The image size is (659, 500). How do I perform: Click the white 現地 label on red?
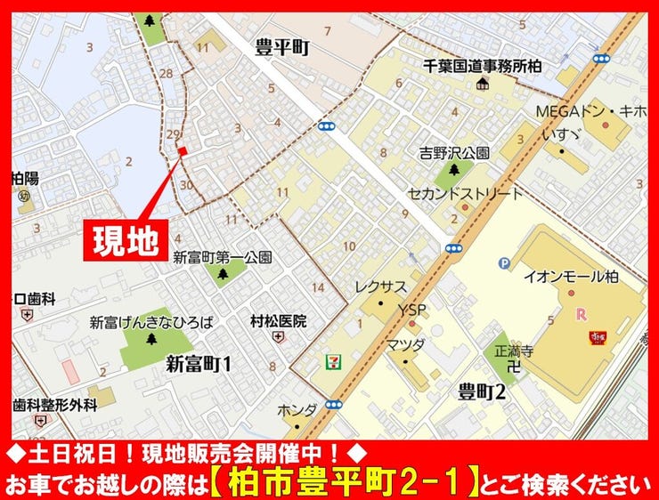click(127, 238)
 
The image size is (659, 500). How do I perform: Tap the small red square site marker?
click(182, 151)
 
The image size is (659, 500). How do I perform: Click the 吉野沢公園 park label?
click(455, 153)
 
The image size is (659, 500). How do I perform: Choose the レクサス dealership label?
click(380, 286)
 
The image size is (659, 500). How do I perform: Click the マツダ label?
click(404, 343)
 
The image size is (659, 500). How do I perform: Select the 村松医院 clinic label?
click(278, 320)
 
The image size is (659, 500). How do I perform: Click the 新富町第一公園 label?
click(223, 258)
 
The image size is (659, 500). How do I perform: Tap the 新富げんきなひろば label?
click(151, 322)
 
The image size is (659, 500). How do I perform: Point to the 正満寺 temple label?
click(513, 351)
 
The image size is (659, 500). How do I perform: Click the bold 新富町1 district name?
click(199, 363)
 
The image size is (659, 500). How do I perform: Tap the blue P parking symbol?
click(504, 262)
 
